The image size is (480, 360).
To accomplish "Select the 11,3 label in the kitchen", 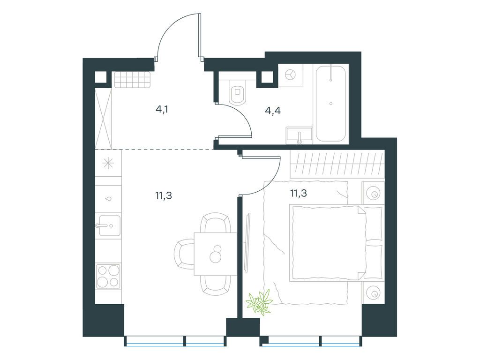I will pos(164,195).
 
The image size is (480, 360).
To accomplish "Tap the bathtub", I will pos(331,103).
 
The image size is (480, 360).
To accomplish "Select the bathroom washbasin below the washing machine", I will pos(299,135).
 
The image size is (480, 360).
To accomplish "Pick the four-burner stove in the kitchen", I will pos(108,276).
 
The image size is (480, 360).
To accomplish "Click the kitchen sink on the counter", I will pos(108,226).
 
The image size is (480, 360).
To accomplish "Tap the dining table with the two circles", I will pos(216,254).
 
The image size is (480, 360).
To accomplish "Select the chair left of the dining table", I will pos(184,254).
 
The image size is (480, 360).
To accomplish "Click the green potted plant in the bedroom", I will pos(260,301).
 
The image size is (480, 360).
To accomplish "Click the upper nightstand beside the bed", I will pos(373,193).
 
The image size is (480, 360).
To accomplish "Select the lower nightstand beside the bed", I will pos(373,293).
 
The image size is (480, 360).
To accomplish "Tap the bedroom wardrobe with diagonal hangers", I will pos(337,164).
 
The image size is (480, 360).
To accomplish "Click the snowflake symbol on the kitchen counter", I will pos(108,163).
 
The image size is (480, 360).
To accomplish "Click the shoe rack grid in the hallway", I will pos(133,80).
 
